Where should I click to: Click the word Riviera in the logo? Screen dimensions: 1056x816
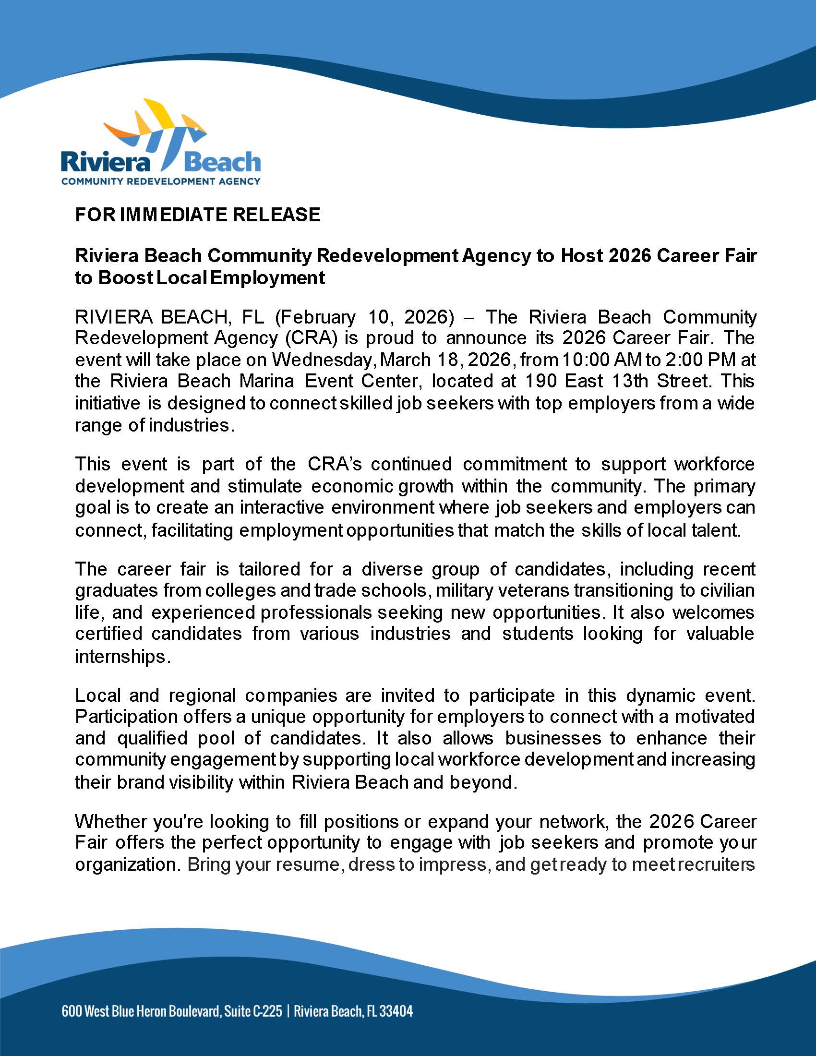click(x=106, y=162)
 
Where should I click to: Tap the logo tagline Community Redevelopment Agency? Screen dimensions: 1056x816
click(x=160, y=182)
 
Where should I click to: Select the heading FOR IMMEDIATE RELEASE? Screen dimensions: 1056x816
click(x=197, y=214)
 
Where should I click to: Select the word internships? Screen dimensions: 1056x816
click(x=122, y=656)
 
